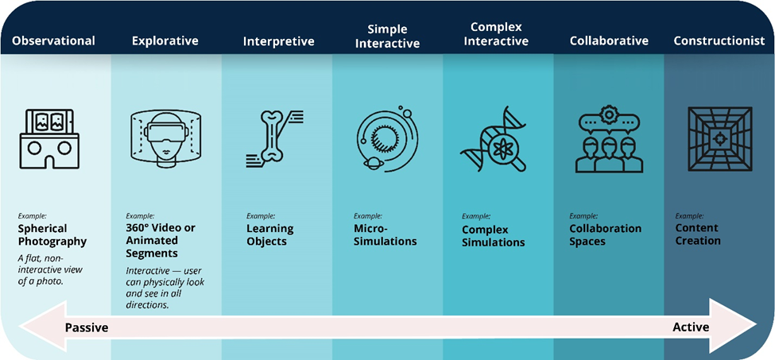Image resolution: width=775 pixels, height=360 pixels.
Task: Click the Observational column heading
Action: tap(53, 41)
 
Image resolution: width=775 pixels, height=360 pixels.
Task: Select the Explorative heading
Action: tap(165, 41)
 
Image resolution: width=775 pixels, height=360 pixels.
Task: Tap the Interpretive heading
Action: tap(279, 41)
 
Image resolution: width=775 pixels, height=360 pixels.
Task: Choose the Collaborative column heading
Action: tap(609, 41)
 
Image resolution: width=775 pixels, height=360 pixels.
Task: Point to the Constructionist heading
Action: tap(719, 41)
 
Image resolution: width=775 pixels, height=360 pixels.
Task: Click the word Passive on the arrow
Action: tap(87, 327)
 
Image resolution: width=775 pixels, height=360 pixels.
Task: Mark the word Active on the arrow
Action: tap(691, 327)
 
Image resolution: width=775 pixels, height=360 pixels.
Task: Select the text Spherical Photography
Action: tap(52, 235)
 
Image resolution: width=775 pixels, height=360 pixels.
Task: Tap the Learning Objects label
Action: tap(270, 235)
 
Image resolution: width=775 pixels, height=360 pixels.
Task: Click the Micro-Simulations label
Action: tap(385, 235)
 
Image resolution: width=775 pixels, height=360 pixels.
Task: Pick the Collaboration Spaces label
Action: tap(606, 235)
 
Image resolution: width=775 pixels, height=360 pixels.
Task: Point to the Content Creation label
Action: tap(698, 234)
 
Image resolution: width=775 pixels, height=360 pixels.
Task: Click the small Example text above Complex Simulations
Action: tap(476, 216)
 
